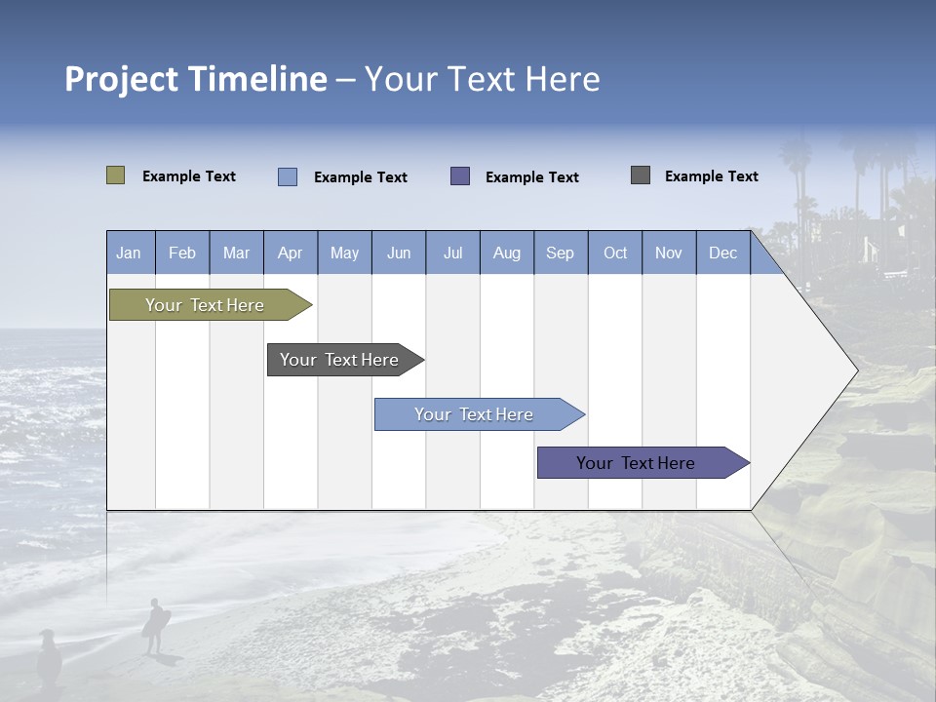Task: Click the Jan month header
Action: coord(129,253)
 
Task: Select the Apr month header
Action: coord(290,253)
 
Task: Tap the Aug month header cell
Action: coord(506,253)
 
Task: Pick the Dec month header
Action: coord(722,253)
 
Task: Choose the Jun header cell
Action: coord(398,253)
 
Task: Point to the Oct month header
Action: coord(614,253)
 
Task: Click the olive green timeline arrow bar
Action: coord(206,305)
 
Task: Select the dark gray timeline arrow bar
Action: coord(340,360)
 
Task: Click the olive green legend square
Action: coord(115,175)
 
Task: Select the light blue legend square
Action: coord(287,176)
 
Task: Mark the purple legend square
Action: coord(460,175)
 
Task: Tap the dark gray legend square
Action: coord(641,175)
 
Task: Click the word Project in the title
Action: coord(122,79)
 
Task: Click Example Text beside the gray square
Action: coord(711,175)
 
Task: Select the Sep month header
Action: coord(560,253)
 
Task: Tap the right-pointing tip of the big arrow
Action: coord(854,370)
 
